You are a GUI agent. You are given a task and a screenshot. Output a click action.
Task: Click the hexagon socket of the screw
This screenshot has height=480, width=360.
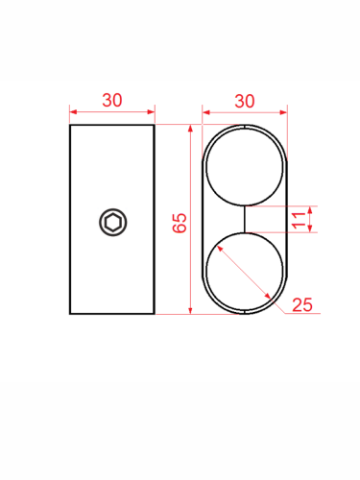coord(113,223)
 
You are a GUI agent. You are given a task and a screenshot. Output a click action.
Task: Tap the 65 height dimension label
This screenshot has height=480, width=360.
coord(180,223)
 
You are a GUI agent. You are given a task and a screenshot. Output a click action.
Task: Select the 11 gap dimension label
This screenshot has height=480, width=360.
coord(299,220)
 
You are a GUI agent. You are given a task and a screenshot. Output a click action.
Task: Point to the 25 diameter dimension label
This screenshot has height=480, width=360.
coord(302,304)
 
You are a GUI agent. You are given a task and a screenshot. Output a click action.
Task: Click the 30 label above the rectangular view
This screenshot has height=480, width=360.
coord(112,100)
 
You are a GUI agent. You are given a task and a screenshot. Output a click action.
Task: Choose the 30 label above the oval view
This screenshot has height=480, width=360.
coord(245,101)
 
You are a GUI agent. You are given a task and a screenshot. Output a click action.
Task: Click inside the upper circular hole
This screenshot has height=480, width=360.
coord(245,166)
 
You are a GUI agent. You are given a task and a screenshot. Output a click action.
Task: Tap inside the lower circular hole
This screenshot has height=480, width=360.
coord(245,272)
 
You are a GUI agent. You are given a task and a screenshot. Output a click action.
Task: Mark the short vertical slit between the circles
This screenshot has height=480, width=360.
coord(245,219)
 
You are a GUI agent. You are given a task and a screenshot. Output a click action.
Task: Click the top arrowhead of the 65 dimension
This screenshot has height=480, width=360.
coord(190,129)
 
